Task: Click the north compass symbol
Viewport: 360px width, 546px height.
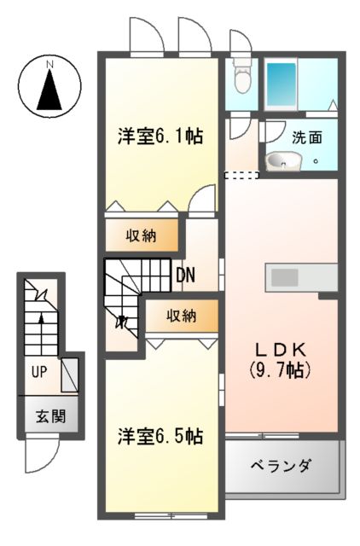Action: point(49,86)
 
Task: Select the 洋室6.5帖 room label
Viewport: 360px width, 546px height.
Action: point(160,436)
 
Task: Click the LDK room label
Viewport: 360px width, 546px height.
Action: point(279,350)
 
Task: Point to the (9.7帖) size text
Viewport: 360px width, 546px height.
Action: point(279,371)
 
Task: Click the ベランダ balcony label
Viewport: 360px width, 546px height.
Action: point(281,467)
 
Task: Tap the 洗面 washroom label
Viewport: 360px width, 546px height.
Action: point(306,136)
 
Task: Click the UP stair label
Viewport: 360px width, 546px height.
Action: point(39,372)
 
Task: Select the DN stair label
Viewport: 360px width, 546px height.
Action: point(186,275)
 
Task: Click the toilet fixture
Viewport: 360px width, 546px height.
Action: point(242,78)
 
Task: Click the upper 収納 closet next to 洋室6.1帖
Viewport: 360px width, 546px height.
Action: point(142,233)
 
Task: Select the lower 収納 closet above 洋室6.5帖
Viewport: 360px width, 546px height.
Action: point(181,316)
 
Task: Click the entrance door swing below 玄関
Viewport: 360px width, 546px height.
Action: point(41,454)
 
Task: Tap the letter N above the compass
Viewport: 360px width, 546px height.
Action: point(49,64)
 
